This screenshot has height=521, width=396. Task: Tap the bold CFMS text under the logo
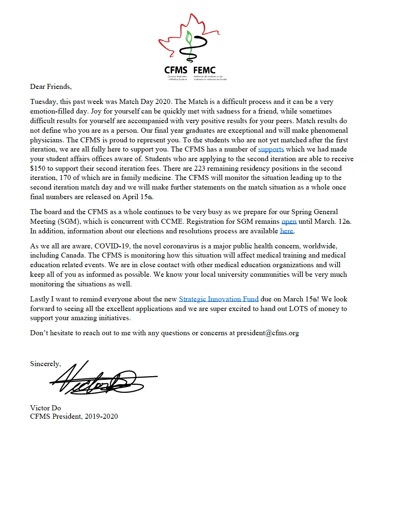click(176, 71)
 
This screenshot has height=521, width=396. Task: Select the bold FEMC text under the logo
click(205, 71)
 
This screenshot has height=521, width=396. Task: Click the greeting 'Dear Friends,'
click(51, 87)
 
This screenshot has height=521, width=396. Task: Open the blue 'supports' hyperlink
click(271, 149)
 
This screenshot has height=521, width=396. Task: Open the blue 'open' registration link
click(289, 222)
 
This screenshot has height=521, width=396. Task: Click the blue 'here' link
click(287, 231)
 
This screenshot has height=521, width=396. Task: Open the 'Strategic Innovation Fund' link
click(219, 299)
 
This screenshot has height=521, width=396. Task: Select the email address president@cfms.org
click(268, 333)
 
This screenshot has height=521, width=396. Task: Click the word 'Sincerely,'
click(46, 364)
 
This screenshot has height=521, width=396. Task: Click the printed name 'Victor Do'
click(46, 408)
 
